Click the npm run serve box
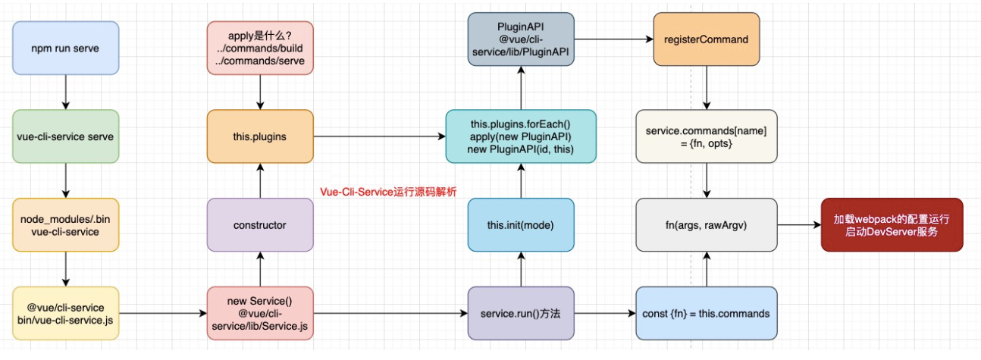pyautogui.click(x=65, y=48)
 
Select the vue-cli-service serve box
pyautogui.click(x=65, y=137)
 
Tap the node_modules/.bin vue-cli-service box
pyautogui.click(x=65, y=225)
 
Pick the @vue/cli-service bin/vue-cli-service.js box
pyautogui.click(x=65, y=313)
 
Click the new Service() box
pyautogui.click(x=260, y=313)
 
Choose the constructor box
pyautogui.click(x=260, y=225)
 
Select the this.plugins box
pyautogui.click(x=260, y=137)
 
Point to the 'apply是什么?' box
pyautogui.click(x=260, y=48)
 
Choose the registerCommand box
pyautogui.click(x=707, y=39)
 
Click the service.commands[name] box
pyautogui.click(x=707, y=137)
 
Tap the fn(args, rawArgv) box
pyautogui.click(x=707, y=225)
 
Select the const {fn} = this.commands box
pyautogui.click(x=707, y=313)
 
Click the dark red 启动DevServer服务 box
pyautogui.click(x=892, y=225)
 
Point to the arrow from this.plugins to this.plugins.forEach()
pyautogui.click(x=379, y=137)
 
